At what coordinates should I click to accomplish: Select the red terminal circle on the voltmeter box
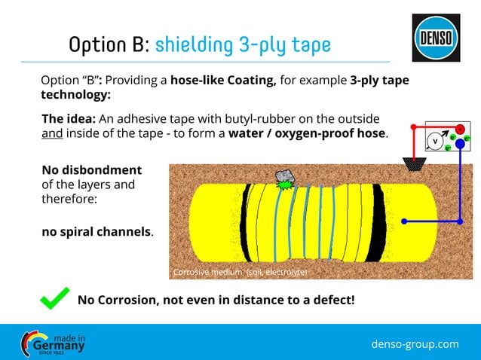459,129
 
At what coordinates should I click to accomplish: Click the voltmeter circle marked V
434,142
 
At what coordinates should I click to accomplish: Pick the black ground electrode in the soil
412,162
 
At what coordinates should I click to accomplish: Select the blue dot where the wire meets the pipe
405,221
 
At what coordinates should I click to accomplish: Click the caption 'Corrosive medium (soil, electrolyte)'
240,272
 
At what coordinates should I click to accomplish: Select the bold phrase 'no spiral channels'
96,231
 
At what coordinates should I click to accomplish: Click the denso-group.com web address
415,344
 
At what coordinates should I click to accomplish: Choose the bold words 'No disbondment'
90,169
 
